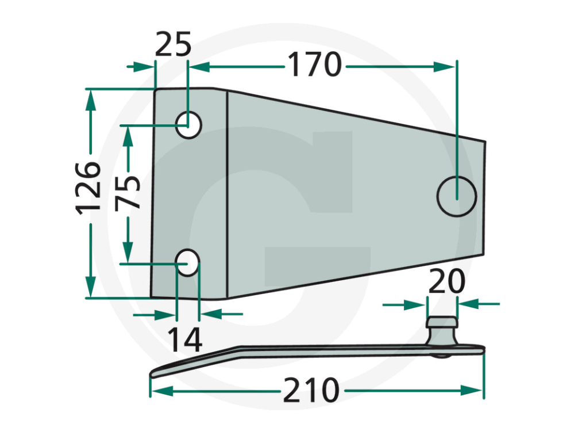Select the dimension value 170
click(x=314, y=65)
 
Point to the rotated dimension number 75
click(x=128, y=192)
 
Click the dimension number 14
click(x=185, y=339)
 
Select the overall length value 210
click(x=311, y=391)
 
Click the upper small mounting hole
click(x=188, y=124)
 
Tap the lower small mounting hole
click(x=187, y=263)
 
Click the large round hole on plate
click(x=457, y=196)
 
